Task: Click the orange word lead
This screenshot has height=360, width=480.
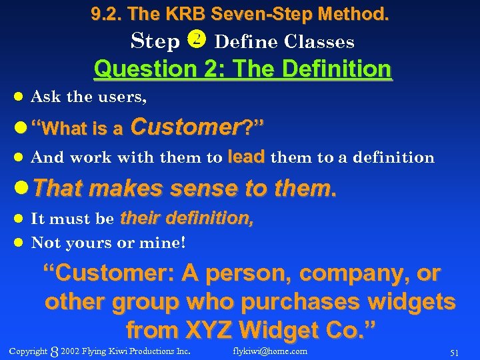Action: pos(246,157)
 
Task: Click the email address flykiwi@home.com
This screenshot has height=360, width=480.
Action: pos(270,351)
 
